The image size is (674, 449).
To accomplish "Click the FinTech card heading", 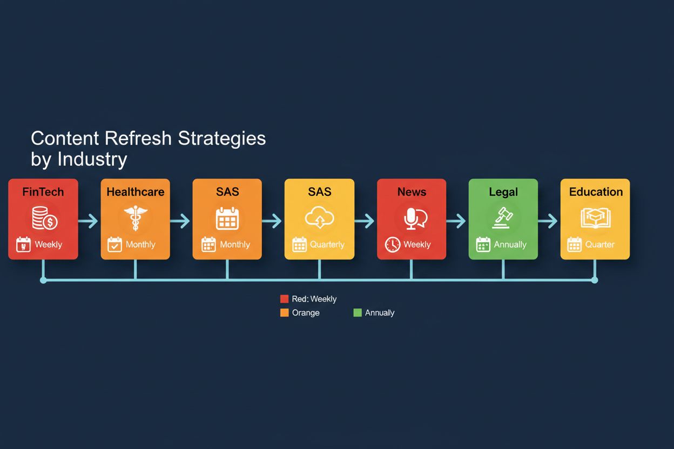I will [43, 192].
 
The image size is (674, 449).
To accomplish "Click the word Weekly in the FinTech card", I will [49, 244].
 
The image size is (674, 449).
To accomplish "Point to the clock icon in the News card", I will [393, 244].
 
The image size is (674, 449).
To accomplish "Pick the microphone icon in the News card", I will [412, 218].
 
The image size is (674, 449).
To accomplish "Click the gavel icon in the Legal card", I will [503, 218].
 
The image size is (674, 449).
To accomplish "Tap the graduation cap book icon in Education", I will [595, 218].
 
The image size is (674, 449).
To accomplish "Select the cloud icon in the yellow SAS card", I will [319, 218].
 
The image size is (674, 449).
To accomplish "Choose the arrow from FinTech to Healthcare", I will [89, 221].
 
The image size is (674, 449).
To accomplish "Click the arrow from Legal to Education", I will [549, 221].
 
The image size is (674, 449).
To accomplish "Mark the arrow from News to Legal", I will [457, 221].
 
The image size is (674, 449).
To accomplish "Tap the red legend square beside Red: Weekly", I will [285, 299].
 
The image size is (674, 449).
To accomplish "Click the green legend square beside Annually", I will [358, 312].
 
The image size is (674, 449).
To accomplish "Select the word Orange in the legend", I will [306, 312].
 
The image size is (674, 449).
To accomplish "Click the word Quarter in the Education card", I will [599, 244].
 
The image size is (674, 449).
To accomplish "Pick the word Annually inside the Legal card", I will [510, 244].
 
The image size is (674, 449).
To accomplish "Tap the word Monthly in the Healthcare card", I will [140, 244].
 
